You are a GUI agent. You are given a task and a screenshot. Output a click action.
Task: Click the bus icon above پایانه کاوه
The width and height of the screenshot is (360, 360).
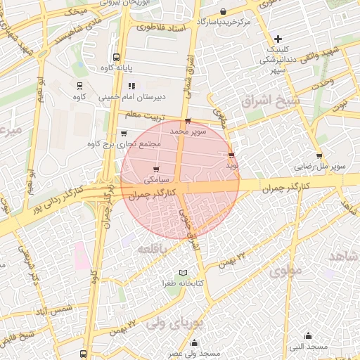coord(116,58)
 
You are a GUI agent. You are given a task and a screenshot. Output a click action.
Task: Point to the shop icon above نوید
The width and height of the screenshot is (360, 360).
coord(231,155)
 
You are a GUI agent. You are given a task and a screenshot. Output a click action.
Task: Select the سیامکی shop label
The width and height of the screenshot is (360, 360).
coord(155,179)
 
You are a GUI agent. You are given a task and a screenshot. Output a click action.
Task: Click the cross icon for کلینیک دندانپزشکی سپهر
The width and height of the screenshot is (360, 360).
coord(278,39)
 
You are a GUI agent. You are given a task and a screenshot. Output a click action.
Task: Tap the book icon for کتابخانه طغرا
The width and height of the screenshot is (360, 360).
coord(184,272)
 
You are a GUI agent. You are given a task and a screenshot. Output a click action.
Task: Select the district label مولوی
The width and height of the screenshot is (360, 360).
coord(284,269)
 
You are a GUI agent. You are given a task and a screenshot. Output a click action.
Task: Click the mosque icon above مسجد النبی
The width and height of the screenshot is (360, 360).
coord(308,335)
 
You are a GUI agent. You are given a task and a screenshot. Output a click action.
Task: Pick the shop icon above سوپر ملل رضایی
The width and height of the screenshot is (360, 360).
coord(319,156)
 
